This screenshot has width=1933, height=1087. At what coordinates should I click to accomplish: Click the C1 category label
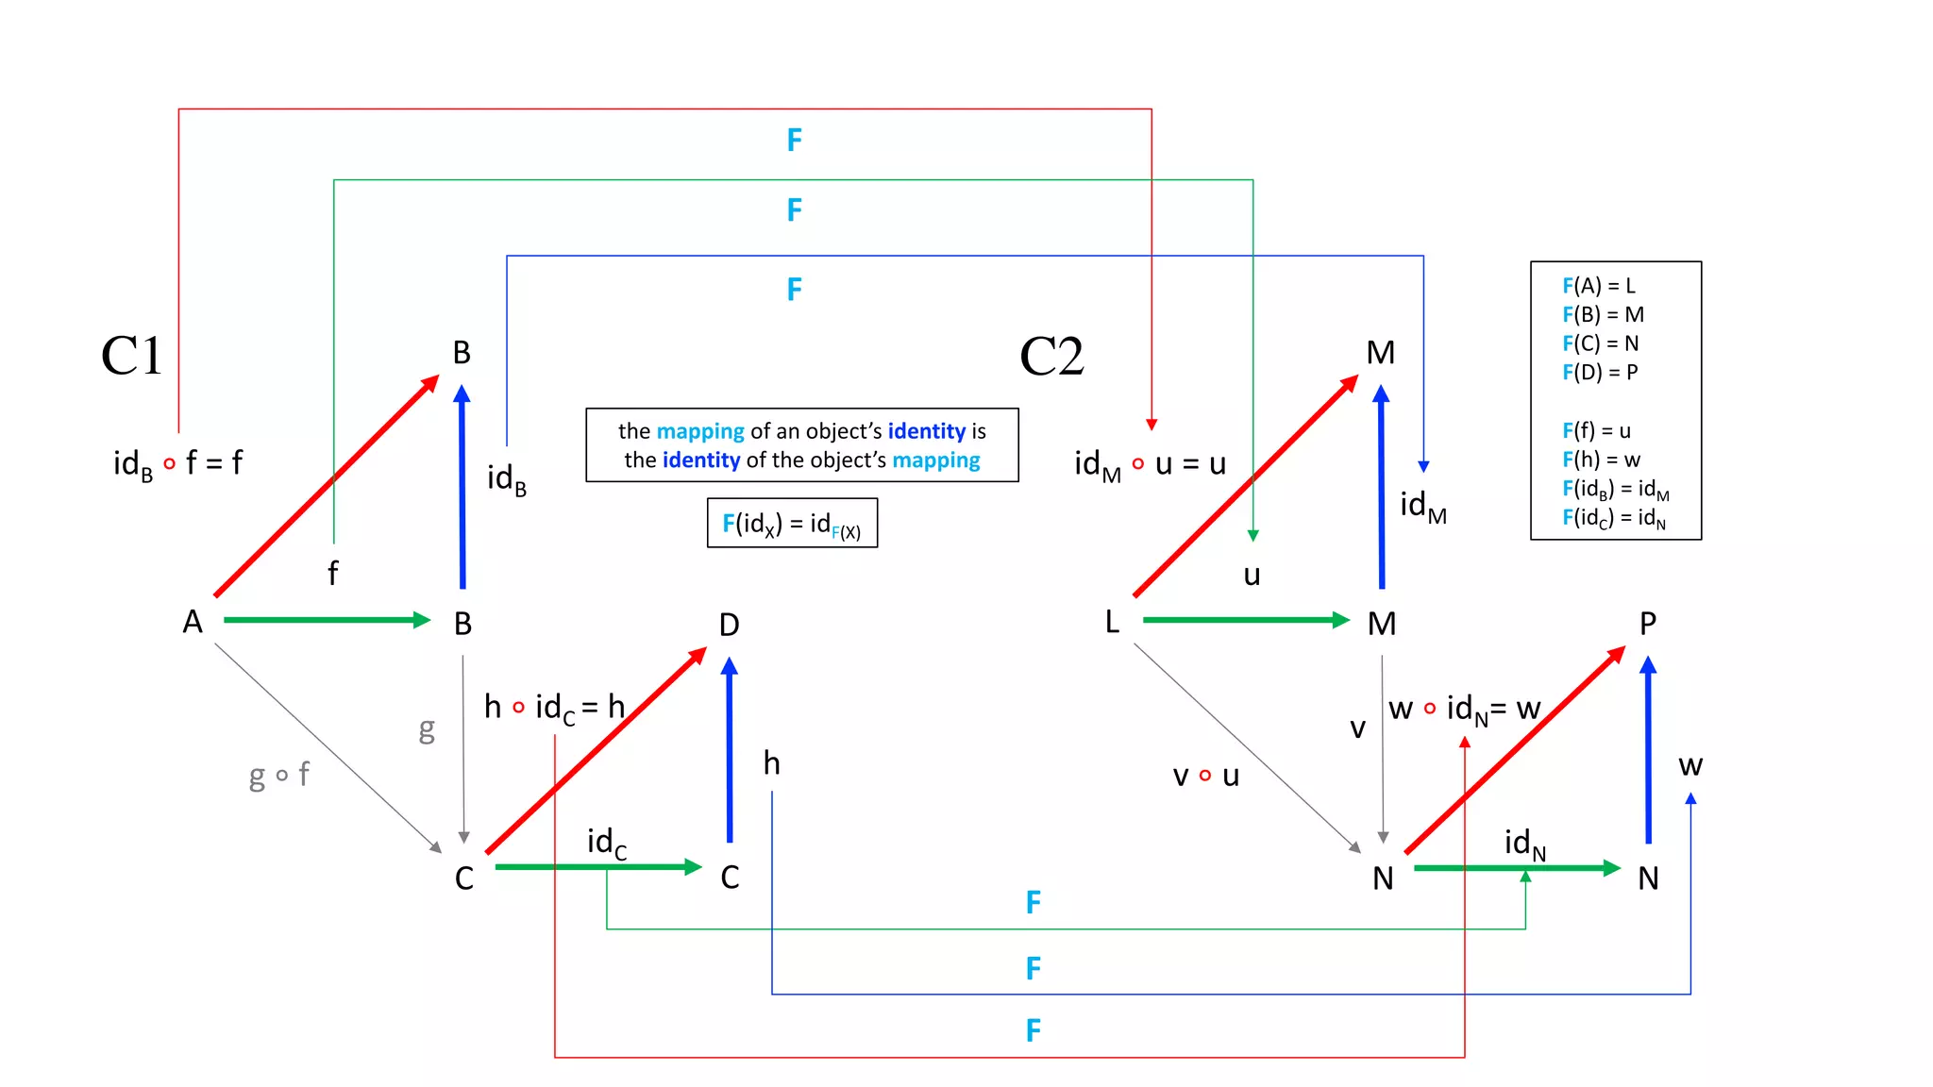click(x=131, y=357)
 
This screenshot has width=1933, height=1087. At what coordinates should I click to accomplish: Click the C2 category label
click(x=1051, y=357)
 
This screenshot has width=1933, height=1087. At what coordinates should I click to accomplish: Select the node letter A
click(x=193, y=622)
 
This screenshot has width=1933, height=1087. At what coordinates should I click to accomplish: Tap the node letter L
click(x=1112, y=622)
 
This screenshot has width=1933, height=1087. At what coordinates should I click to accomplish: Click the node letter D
click(x=729, y=625)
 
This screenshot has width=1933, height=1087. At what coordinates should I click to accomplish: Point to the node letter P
click(x=1648, y=624)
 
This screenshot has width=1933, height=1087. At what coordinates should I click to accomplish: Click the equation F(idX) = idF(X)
click(x=792, y=524)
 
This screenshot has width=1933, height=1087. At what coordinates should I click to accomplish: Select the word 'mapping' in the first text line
click(x=700, y=431)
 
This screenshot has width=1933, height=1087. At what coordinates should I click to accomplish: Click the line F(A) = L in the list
click(x=1599, y=286)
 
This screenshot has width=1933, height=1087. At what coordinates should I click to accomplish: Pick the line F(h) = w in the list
click(x=1602, y=460)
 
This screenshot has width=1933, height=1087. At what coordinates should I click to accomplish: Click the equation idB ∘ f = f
click(x=177, y=463)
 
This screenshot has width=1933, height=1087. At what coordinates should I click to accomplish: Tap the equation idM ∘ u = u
click(x=1150, y=464)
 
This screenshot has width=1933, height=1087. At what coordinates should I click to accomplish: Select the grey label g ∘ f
click(x=278, y=776)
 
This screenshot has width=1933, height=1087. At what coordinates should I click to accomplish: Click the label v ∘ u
click(x=1205, y=776)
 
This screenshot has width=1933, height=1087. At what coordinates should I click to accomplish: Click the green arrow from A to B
click(x=326, y=620)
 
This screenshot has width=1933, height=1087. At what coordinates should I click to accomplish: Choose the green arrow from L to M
click(x=1245, y=620)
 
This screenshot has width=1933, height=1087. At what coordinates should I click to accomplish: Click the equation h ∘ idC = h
click(x=554, y=707)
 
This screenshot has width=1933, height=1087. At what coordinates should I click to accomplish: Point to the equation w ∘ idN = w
click(x=1464, y=709)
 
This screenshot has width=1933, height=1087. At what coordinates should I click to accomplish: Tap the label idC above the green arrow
click(x=606, y=842)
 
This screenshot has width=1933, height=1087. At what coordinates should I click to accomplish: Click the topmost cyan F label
click(x=795, y=141)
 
